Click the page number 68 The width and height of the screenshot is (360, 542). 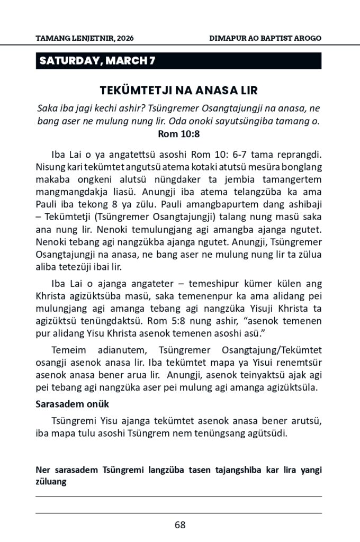(179, 525)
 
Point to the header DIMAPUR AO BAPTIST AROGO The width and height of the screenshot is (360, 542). (266, 39)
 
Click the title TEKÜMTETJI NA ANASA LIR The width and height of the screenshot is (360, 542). (179, 90)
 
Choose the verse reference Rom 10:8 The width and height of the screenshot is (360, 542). (179, 134)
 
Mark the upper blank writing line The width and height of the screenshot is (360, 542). (179, 496)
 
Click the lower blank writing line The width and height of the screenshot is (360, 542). (179, 513)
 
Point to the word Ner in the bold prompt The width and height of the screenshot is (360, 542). (43, 471)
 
